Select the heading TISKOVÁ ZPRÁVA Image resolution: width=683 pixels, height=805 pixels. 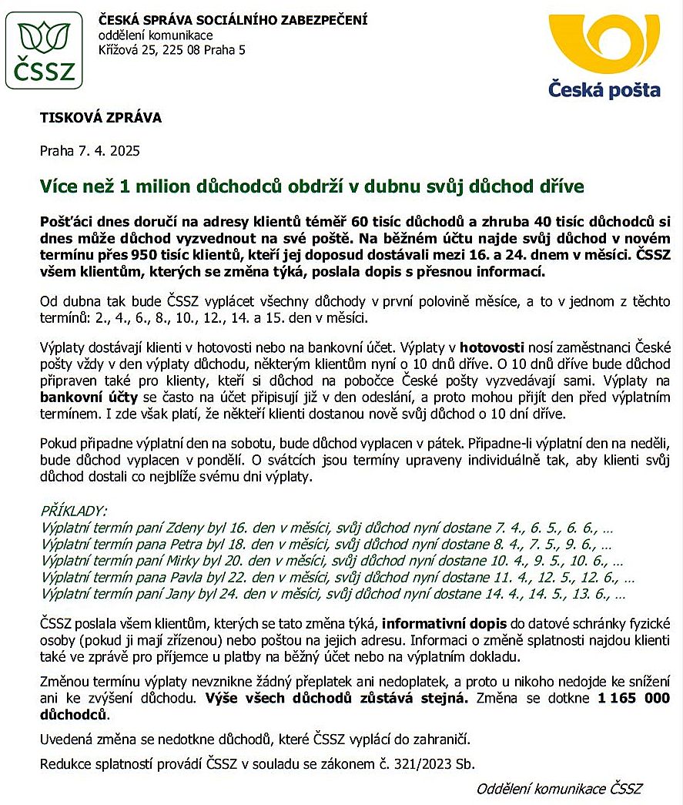(101, 119)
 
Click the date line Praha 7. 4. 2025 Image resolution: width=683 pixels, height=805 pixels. (89, 151)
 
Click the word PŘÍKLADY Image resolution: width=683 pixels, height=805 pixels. (74, 512)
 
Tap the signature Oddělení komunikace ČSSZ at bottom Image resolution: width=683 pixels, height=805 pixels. (559, 789)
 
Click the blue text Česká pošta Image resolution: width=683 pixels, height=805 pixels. (604, 89)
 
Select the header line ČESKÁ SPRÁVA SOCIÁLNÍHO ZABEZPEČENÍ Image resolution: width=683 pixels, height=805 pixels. (233, 19)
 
